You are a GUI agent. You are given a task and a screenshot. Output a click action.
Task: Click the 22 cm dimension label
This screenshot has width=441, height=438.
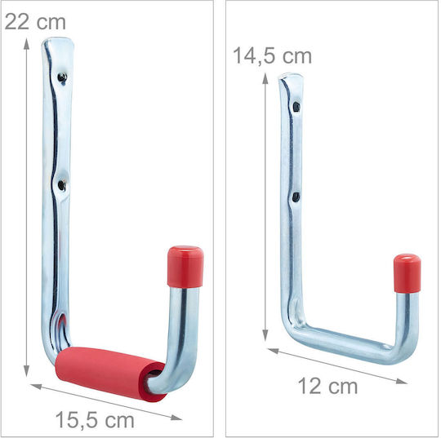click(35, 22)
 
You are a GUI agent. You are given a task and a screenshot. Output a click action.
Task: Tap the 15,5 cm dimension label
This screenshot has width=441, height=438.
click(95, 420)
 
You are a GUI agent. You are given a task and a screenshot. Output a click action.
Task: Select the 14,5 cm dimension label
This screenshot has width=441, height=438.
click(273, 56)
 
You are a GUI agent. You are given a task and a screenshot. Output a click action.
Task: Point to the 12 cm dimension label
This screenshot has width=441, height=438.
click(327, 387)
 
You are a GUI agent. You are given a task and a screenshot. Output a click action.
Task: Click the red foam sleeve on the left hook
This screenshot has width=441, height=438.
click(110, 372)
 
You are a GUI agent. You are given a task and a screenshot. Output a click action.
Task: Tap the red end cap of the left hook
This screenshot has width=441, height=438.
click(185, 267)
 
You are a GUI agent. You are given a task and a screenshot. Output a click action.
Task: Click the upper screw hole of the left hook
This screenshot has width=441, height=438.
click(62, 77)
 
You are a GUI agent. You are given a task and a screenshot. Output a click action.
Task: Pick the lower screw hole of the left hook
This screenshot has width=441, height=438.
click(61, 185)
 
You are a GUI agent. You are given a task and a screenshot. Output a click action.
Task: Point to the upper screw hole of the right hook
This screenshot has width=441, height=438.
click(296, 107)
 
